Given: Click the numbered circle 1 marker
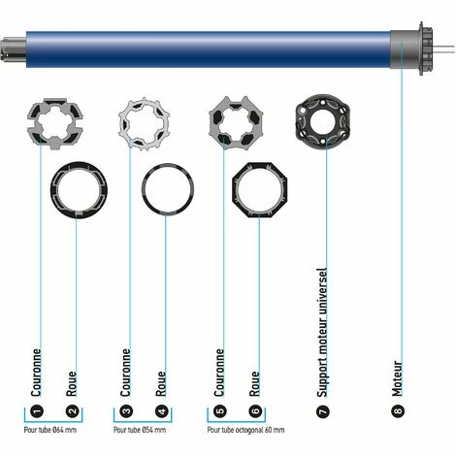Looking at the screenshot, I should (36, 411).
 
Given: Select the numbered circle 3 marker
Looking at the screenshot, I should (128, 411).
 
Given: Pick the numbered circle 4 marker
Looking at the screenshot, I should (162, 411).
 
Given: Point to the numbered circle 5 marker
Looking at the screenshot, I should (220, 411).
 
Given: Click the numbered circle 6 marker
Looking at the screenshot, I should (255, 411).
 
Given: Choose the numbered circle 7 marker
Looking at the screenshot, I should (322, 411).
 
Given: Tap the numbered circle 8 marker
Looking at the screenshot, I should (399, 411).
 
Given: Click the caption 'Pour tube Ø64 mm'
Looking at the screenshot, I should (54, 429).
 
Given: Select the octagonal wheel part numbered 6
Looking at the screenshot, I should (258, 190).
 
